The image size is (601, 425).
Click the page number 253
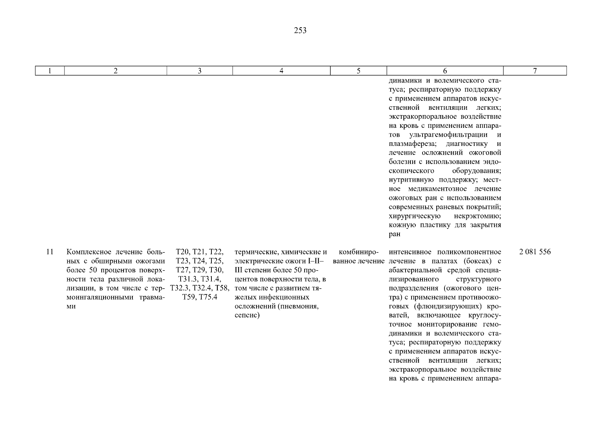coord(300,31)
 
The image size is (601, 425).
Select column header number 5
coord(358,71)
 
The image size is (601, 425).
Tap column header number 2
coord(115,71)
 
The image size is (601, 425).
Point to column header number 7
coord(535,71)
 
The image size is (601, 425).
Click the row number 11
coord(50,252)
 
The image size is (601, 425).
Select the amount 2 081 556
coord(535,252)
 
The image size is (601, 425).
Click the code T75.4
coord(208,297)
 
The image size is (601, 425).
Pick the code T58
coord(222,288)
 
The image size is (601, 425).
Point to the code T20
coord(183,252)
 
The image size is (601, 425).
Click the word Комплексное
coord(88,252)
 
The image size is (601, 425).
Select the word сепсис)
coord(247,315)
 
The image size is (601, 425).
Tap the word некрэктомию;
coord(477,216)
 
